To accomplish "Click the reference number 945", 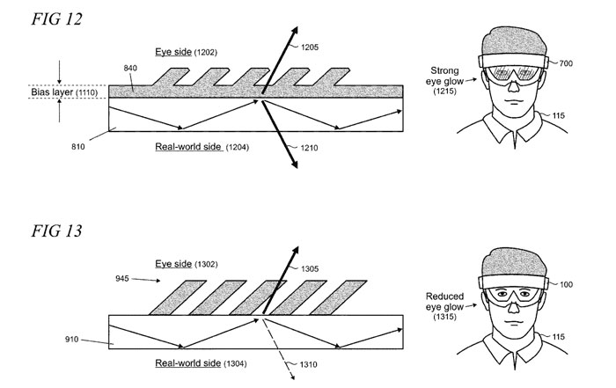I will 124,281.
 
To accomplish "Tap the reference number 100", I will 564,284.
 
